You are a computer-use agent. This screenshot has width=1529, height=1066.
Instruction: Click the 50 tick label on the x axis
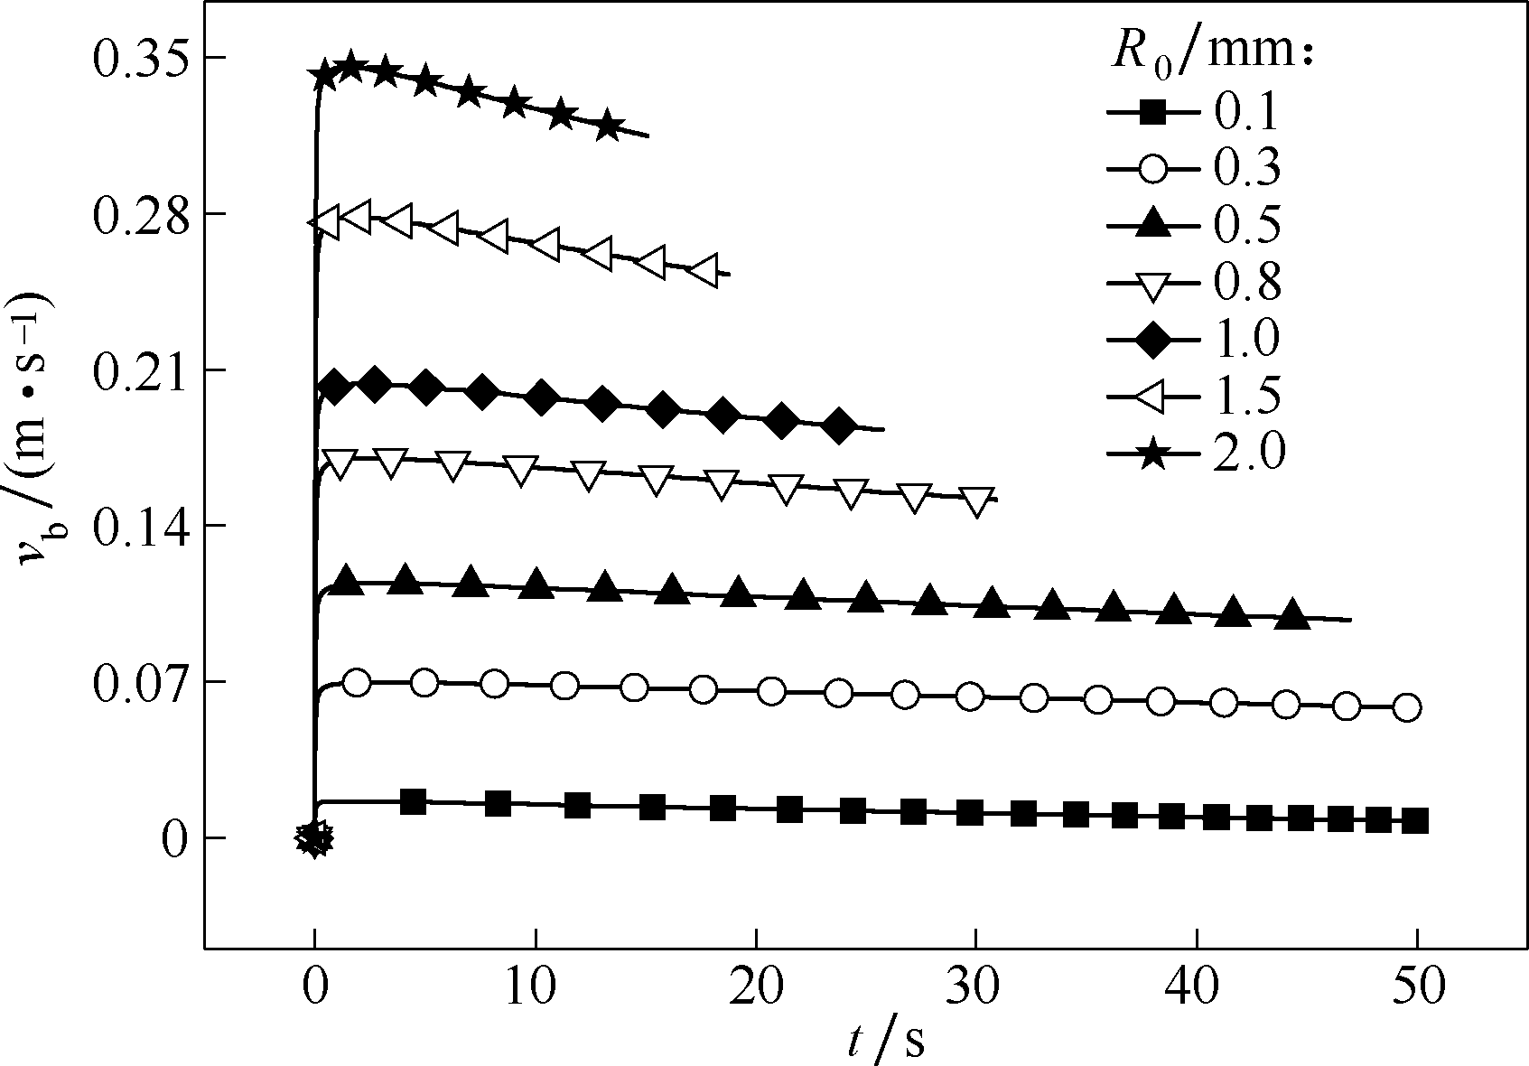pos(1417,987)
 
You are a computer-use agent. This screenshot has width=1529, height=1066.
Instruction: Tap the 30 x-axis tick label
pos(975,987)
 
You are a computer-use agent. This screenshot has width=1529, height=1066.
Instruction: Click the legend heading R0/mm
pos(1210,54)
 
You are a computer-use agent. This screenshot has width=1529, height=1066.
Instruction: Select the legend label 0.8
pos(1246,283)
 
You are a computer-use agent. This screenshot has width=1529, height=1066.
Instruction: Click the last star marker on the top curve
pos(609,126)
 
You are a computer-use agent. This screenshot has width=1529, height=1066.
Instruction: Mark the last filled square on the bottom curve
pos(1415,821)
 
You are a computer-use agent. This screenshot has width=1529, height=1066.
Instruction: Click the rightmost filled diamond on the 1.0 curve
pos(839,425)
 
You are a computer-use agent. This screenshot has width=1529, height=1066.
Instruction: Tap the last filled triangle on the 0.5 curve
pos(1292,614)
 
